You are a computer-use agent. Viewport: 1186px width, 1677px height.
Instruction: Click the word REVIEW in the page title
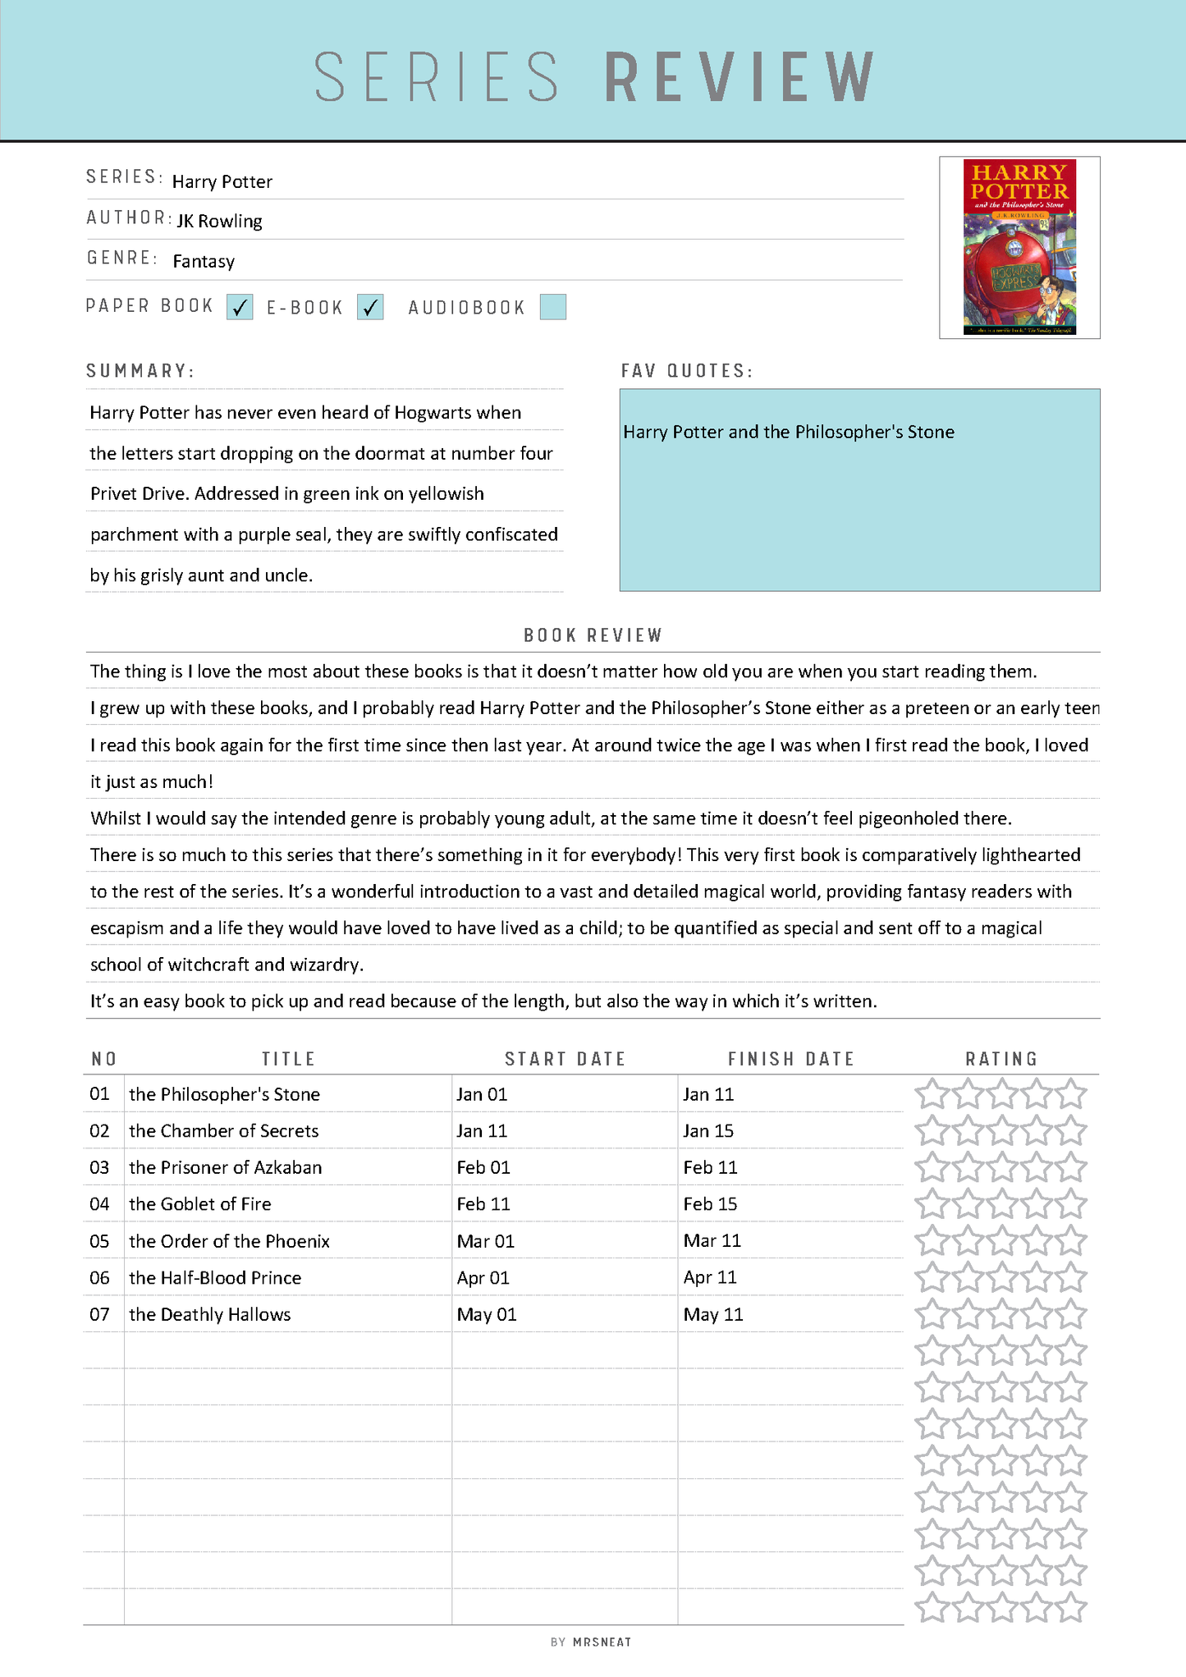740,77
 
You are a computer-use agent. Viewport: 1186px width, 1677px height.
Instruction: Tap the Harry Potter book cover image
1019,247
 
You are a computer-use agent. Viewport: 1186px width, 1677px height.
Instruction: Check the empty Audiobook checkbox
553,307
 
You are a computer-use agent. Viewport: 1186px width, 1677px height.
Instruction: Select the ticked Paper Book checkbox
240,307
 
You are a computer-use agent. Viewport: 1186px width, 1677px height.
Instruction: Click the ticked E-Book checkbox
370,307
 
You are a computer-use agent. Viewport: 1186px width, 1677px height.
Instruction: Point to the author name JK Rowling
219,222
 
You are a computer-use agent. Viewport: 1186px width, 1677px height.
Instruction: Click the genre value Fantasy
204,262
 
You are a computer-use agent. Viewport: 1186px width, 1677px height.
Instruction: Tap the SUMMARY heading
140,371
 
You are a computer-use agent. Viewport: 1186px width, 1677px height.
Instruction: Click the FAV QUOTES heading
686,371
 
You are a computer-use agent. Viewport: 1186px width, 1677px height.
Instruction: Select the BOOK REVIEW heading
593,635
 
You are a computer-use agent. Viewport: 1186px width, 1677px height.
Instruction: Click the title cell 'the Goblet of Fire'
200,1204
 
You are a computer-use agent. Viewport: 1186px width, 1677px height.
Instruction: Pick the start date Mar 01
486,1241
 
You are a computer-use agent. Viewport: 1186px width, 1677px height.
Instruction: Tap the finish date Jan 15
708,1131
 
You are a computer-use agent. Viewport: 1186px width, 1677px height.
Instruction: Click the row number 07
99,1314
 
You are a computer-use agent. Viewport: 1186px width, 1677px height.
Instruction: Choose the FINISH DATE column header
791,1059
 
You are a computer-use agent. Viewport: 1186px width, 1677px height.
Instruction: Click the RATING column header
1001,1059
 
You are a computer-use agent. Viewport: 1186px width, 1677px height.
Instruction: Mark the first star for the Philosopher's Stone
932,1094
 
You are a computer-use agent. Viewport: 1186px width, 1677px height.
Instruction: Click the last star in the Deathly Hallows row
1071,1314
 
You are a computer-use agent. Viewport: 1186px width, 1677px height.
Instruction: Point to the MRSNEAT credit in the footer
602,1643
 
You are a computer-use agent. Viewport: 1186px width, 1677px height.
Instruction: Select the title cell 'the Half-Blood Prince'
215,1278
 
